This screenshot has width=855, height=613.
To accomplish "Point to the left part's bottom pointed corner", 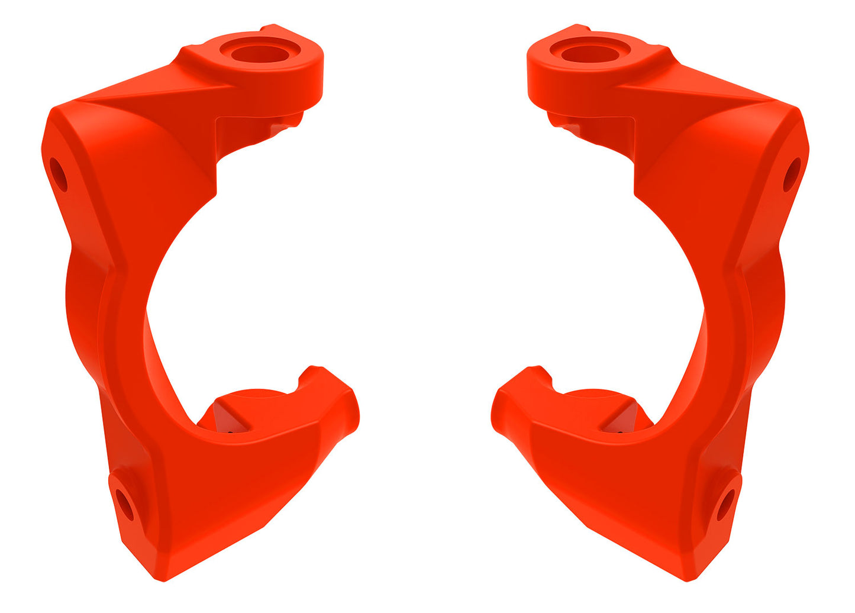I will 158,576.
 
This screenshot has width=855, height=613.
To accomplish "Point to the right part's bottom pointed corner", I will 690,577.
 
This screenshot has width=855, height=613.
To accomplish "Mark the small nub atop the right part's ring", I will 580,28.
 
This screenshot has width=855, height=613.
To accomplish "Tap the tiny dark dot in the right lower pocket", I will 620,433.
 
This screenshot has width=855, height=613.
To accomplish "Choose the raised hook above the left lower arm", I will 311,376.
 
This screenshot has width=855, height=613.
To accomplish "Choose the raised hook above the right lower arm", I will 538,376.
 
